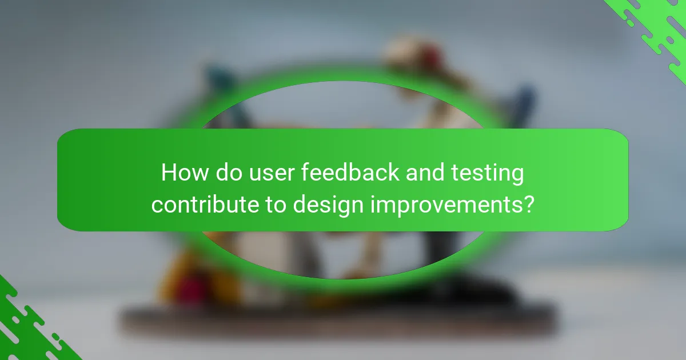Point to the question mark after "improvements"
pyautogui.click(x=528, y=204)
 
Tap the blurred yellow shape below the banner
pyautogui.click(x=171, y=269)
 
